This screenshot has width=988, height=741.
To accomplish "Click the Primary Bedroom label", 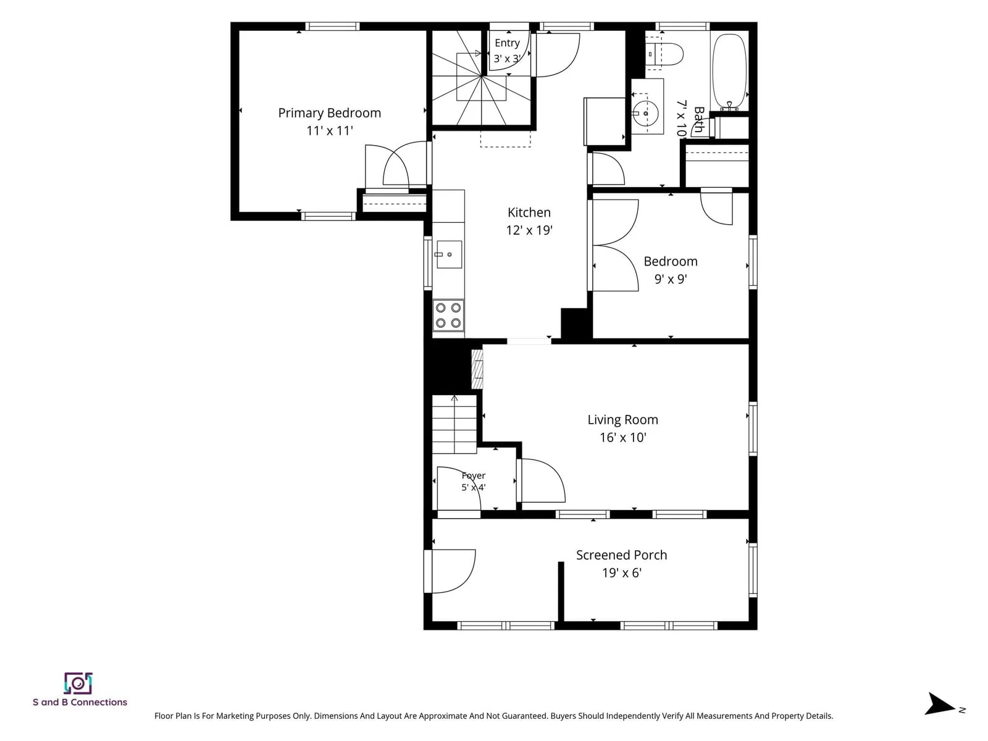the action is coord(329,113).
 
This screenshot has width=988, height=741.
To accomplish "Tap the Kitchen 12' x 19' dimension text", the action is coord(529,230).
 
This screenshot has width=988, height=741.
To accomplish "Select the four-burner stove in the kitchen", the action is coord(448,316).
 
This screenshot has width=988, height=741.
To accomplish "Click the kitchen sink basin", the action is coord(449,254).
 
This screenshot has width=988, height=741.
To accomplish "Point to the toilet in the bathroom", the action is coord(664,54).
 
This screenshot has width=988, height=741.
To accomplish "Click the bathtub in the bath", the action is coord(729,72).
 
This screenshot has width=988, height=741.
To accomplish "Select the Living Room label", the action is coord(622,420).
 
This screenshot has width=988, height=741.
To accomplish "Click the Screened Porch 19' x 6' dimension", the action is coord(622,573).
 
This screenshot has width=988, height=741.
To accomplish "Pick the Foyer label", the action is coord(474,475).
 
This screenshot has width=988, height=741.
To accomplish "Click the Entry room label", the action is coord(507,43).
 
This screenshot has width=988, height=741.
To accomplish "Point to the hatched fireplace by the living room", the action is coord(477,369).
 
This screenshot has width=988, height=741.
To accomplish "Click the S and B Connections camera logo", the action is coord(78,684).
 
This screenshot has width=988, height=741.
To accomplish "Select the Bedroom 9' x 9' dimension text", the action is coord(670,279).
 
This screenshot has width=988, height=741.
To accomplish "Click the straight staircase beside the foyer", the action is coord(454,425).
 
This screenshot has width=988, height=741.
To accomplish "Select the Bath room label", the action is coord(699,120).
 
